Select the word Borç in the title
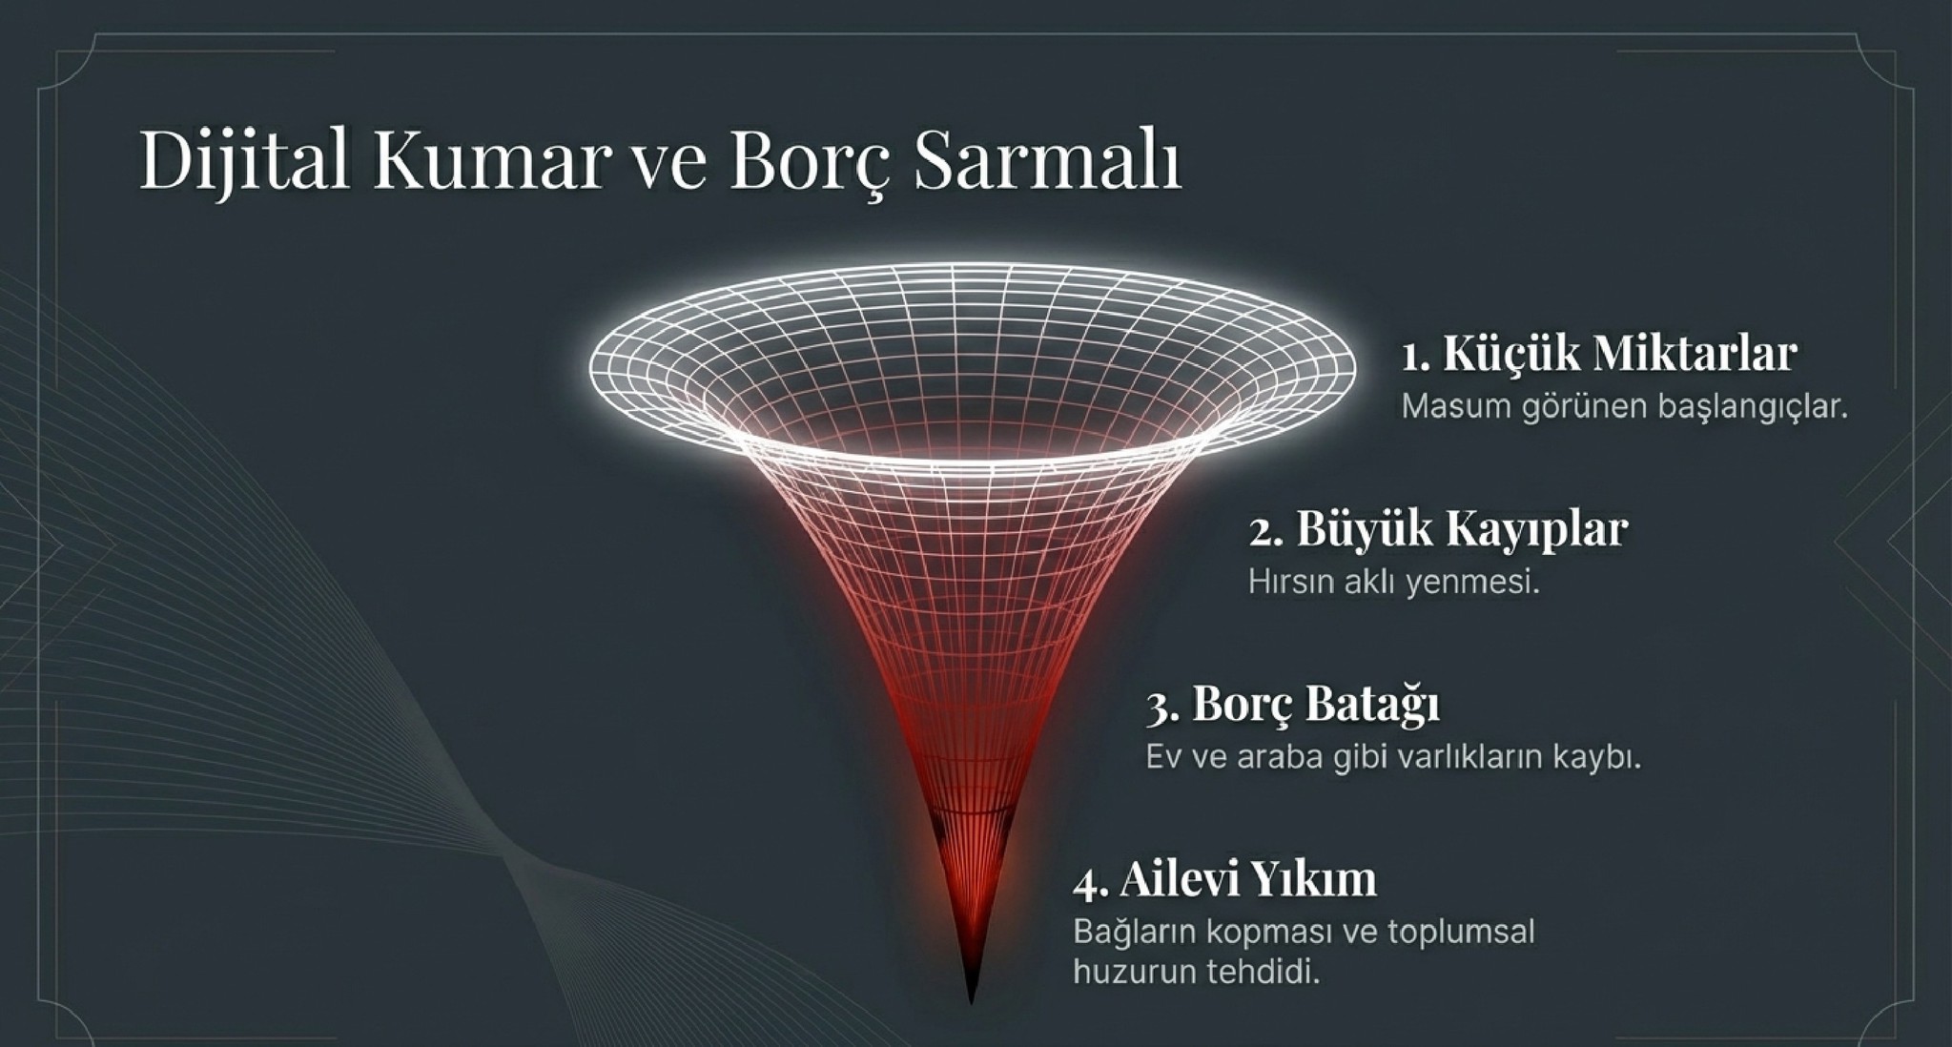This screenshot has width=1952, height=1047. point(811,162)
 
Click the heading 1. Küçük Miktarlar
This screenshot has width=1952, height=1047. point(1599,353)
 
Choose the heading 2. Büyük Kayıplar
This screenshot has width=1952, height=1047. point(1438,530)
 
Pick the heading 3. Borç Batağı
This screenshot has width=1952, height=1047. point(1292,706)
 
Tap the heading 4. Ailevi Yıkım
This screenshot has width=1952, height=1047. point(1224,880)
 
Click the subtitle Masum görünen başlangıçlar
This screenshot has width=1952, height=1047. point(1624,407)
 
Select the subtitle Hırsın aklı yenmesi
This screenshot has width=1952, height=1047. point(1394,582)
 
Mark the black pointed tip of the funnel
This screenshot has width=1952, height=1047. point(972,1001)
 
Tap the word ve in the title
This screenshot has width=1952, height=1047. point(670,168)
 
